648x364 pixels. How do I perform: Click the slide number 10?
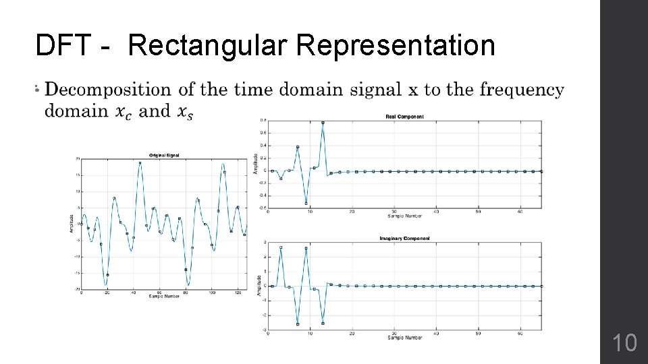624,343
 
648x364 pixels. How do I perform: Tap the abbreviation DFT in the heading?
64,46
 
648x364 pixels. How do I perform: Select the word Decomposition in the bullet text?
107,90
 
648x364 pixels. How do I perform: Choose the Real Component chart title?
404,117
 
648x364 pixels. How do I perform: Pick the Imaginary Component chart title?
404,238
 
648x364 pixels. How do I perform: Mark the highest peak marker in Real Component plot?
323,123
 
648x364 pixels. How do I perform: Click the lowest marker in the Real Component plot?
306,203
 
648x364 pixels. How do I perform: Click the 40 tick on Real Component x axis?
436,212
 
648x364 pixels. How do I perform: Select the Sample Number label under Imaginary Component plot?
404,337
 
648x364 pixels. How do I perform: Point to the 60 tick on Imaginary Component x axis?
520,333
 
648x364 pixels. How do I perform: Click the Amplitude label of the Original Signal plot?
72,224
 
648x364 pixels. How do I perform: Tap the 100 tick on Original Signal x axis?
212,293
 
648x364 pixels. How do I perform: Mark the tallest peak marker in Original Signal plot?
140,162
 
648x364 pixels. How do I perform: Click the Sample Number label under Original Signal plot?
164,297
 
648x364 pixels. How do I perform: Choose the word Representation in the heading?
394,46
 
